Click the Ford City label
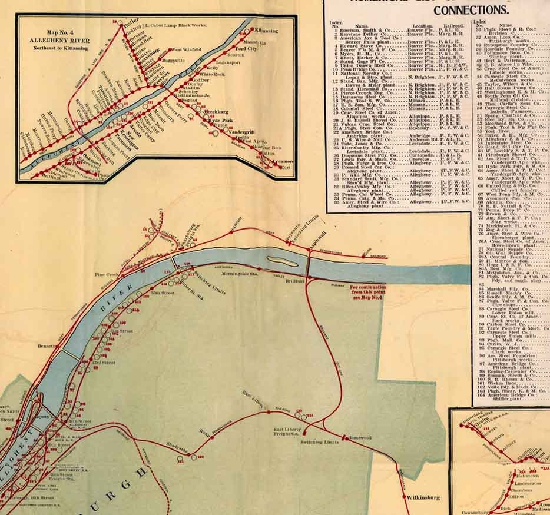tap(247, 49)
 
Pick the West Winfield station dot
tap(171, 51)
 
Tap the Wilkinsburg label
tap(423, 497)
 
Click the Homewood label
tap(360, 438)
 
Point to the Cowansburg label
tap(476, 512)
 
